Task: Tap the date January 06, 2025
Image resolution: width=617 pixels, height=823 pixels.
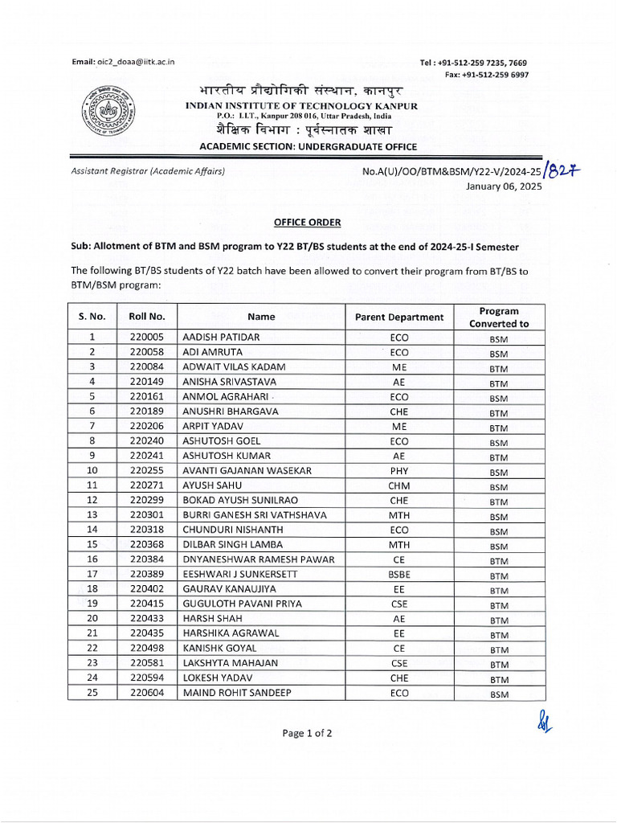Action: coord(504,186)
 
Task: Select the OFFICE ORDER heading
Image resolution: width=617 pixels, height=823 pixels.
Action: coord(308,222)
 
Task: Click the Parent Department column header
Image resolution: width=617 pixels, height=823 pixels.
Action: coord(398,317)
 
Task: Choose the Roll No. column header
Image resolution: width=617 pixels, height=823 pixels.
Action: coord(146,317)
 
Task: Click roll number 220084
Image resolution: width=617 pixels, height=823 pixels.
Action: coord(146,367)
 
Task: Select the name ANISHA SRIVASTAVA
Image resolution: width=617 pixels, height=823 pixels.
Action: coord(229,382)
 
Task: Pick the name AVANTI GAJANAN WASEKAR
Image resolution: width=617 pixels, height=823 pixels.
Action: coord(247,471)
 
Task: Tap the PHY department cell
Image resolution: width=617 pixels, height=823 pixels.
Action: coord(398,471)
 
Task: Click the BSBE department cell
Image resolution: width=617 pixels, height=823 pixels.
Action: coord(398,575)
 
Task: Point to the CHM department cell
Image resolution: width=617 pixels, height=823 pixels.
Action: coord(398,485)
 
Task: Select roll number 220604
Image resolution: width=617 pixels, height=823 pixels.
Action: coord(146,693)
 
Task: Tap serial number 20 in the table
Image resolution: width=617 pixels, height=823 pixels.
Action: coord(92,619)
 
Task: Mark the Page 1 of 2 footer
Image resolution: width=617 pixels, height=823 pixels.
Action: coord(308,733)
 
